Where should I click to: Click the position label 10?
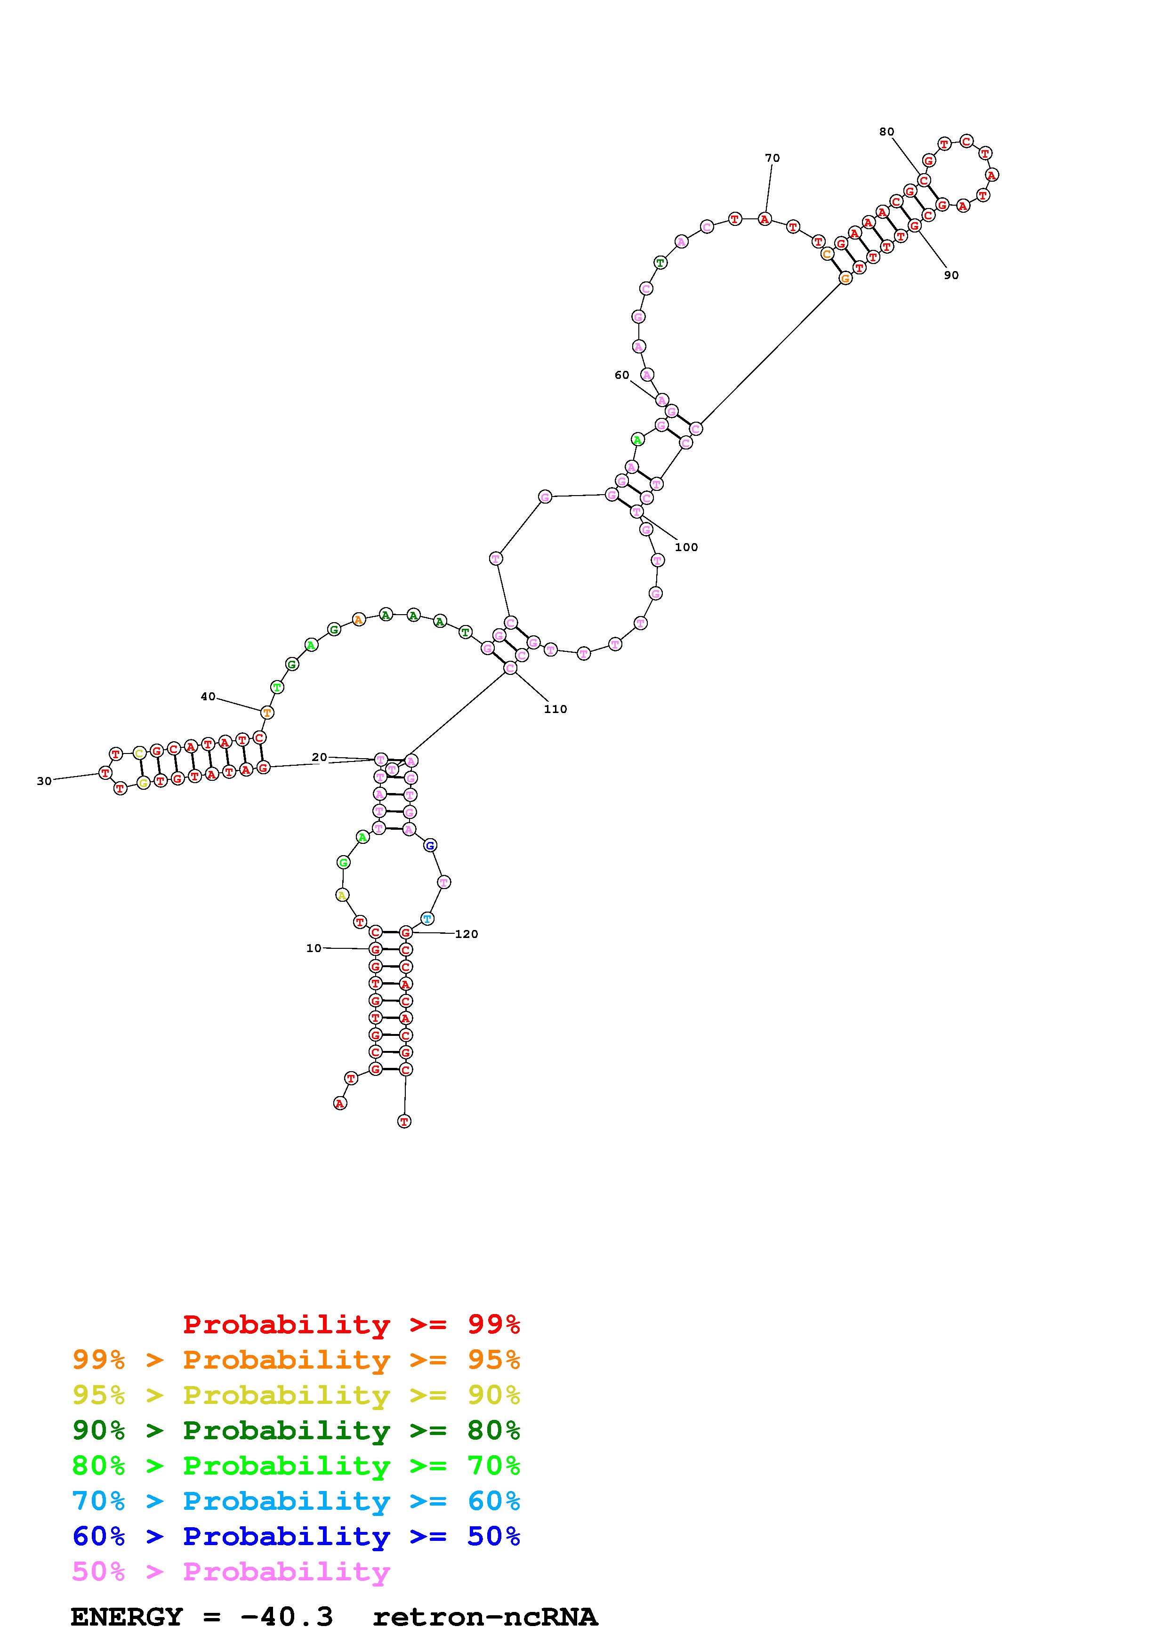coord(314,948)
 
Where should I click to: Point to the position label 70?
coord(772,158)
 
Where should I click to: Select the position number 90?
coord(951,275)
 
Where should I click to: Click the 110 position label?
coord(555,709)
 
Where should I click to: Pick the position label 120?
coord(467,934)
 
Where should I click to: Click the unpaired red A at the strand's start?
coord(340,1103)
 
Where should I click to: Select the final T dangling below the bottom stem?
coord(405,1121)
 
